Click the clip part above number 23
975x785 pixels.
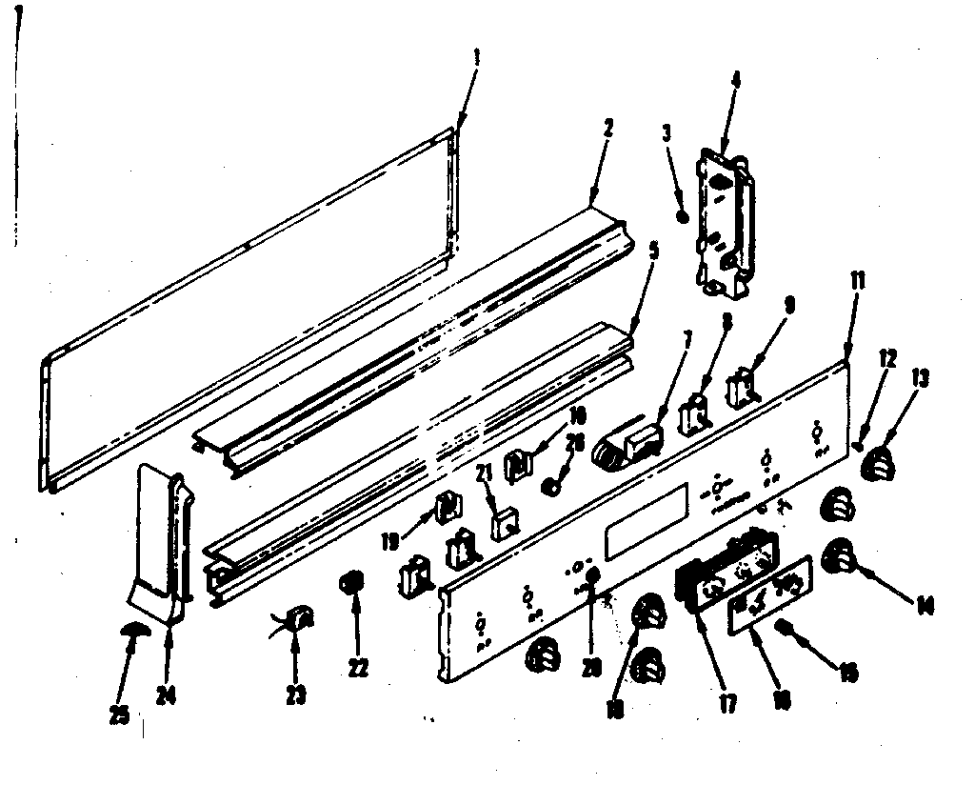pos(299,620)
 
